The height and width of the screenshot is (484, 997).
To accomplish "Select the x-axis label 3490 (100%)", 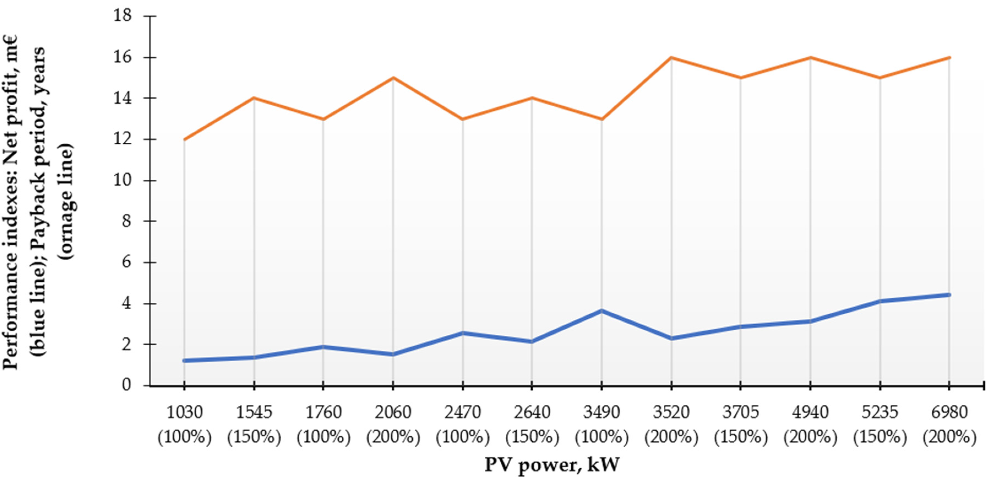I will [601, 424].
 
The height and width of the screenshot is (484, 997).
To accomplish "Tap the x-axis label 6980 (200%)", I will [949, 424].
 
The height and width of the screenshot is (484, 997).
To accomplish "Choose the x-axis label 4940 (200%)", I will [810, 424].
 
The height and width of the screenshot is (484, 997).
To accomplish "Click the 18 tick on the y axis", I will [122, 15].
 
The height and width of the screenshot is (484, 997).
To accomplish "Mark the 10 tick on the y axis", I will [122, 180].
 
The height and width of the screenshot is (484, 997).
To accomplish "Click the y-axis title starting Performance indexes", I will [39, 201].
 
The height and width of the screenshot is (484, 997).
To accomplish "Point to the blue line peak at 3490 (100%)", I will [601, 310].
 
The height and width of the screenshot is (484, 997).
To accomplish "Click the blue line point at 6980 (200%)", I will [949, 295].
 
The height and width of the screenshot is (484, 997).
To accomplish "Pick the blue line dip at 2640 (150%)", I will [532, 342].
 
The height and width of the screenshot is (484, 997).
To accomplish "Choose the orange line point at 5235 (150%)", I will [880, 78].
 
